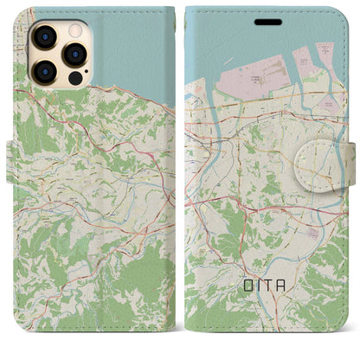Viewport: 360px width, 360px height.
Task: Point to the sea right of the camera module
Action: pyautogui.click(x=130, y=43)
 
